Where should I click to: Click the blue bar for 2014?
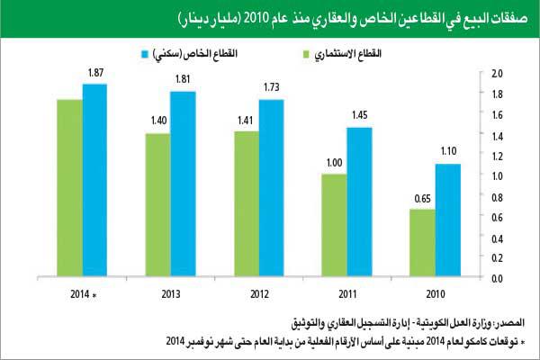[x=94, y=180]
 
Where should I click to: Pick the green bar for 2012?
[x=247, y=203]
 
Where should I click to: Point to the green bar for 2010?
[x=422, y=242]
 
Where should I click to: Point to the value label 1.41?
[x=245, y=121]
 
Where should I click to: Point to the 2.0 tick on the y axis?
[x=494, y=72]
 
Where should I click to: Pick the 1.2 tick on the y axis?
[x=494, y=155]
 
